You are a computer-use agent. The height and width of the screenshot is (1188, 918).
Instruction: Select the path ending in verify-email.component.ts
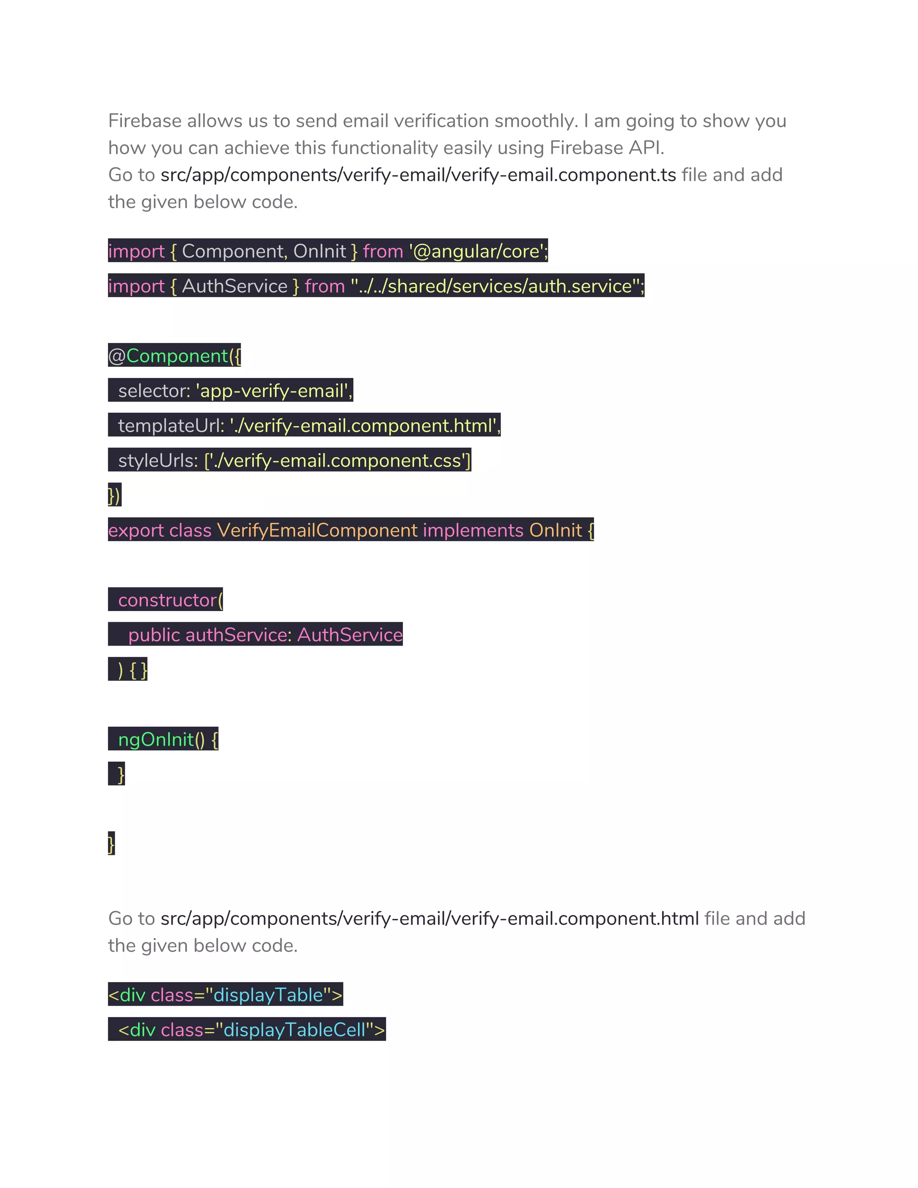coord(418,175)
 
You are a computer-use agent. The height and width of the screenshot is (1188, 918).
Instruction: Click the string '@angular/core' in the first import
coord(477,251)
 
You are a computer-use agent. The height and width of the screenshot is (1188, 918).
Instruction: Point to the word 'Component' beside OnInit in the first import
coord(232,251)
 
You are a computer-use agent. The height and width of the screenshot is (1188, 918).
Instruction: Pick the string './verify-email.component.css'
coord(338,461)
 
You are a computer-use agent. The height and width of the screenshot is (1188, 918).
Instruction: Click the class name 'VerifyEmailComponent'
coord(318,530)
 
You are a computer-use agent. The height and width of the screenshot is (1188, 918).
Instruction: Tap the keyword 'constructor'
coord(168,600)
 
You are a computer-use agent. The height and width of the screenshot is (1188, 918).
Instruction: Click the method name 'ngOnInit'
coord(156,740)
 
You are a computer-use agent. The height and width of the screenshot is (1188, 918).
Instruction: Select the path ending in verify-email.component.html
coord(429,919)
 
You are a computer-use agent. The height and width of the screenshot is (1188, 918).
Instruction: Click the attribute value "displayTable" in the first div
coord(268,995)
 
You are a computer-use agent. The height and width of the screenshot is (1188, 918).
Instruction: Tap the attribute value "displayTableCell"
coord(294,1030)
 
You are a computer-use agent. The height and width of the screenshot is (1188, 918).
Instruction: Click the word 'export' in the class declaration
coord(135,530)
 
